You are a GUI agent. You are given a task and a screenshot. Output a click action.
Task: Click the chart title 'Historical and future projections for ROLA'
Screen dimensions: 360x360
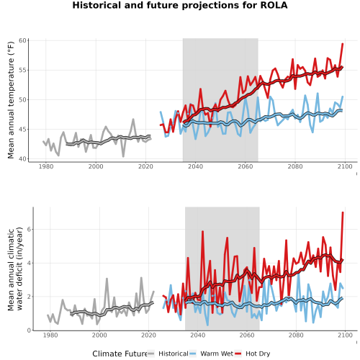[180, 5]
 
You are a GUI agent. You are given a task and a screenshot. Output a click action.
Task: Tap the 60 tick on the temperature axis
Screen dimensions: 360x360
[22, 40]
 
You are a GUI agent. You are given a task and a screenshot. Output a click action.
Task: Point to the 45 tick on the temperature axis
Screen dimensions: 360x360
[22, 129]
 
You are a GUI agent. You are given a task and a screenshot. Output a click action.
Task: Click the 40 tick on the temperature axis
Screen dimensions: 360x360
[22, 158]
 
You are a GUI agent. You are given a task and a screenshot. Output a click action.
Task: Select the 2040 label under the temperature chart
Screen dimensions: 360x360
[195, 166]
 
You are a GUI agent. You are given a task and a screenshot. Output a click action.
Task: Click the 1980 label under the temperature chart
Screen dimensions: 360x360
[46, 166]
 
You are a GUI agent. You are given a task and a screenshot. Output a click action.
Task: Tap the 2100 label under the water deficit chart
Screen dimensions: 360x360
[345, 335]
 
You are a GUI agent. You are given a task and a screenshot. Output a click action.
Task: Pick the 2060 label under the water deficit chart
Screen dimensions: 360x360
[247, 335]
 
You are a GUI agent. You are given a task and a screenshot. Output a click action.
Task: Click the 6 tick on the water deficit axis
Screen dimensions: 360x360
[29, 229]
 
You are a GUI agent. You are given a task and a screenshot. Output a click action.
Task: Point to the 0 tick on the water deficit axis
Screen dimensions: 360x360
[29, 330]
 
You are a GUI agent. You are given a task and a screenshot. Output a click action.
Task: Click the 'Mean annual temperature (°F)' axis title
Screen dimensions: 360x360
[11, 100]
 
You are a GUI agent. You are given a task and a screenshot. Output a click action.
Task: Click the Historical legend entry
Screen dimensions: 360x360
[168, 354]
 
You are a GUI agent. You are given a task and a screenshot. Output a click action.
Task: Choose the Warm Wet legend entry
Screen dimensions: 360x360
[211, 354]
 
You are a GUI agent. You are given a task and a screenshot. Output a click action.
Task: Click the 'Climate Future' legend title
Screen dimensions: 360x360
[120, 354]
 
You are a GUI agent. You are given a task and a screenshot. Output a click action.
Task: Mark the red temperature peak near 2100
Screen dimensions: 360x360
[343, 44]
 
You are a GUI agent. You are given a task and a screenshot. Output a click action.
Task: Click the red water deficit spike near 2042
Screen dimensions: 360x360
[202, 231]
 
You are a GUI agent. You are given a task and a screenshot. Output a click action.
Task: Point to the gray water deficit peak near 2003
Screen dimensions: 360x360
[107, 279]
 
